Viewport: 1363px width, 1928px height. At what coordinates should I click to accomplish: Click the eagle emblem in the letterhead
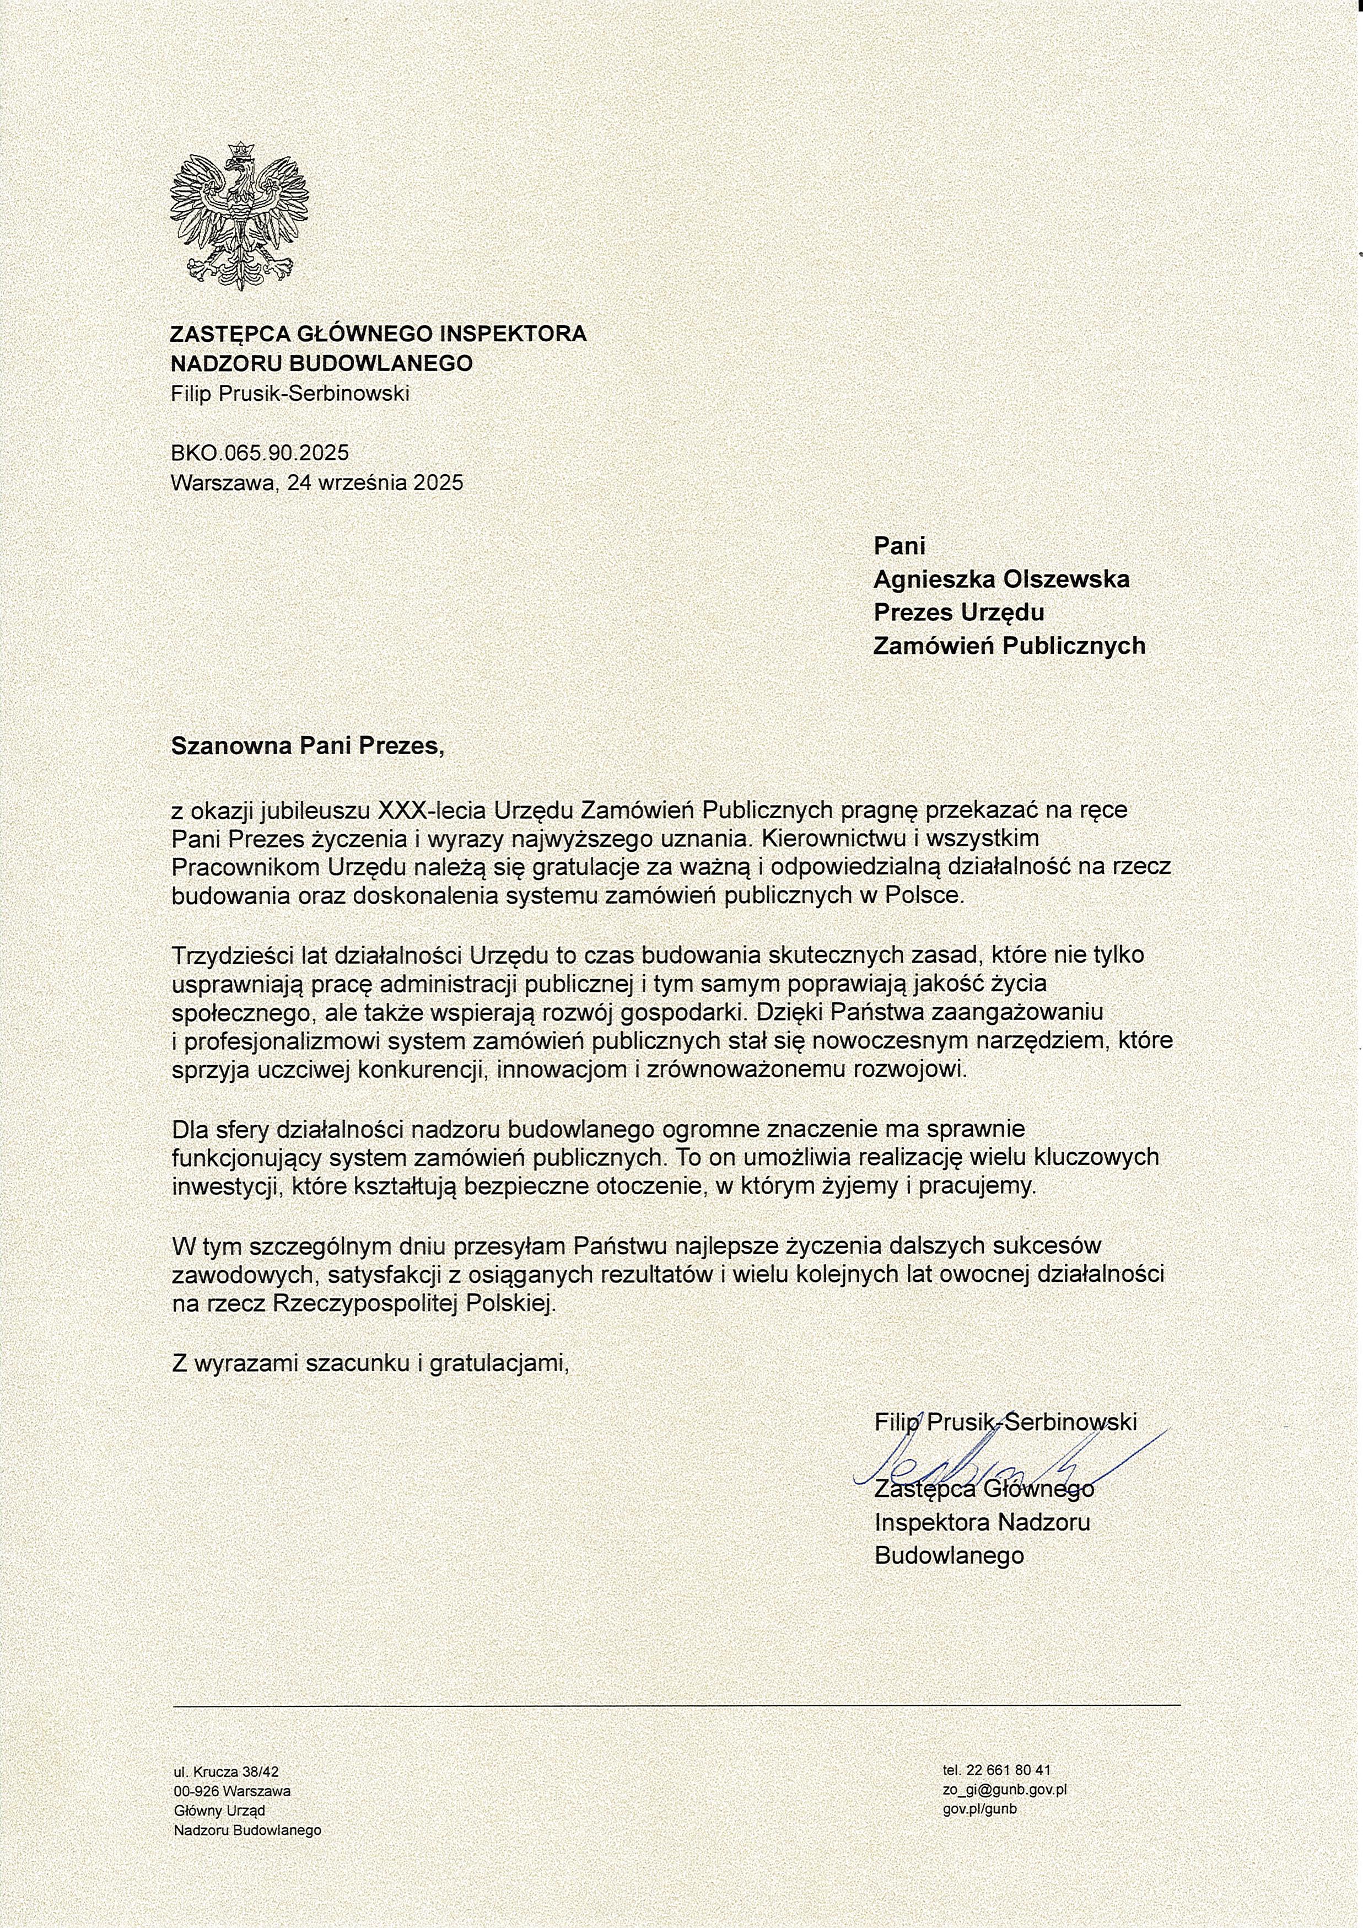point(239,217)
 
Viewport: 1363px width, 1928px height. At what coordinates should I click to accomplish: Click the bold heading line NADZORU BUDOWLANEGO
point(321,363)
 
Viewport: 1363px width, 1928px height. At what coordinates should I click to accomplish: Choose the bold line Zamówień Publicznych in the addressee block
point(1009,645)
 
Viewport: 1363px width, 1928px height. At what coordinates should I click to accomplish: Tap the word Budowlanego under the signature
point(949,1556)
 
